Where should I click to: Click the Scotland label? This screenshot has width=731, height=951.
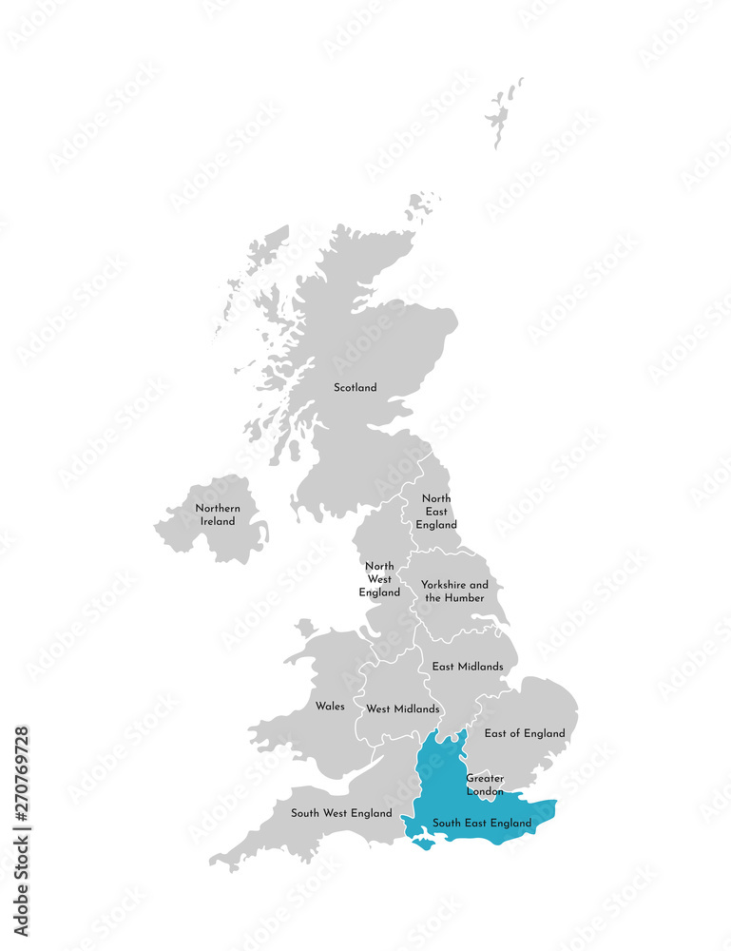click(355, 387)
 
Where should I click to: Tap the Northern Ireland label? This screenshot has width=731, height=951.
click(218, 514)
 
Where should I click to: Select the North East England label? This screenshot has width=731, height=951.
click(436, 512)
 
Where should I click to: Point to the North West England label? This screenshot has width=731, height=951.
click(379, 579)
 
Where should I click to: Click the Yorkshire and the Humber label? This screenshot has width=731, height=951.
click(454, 591)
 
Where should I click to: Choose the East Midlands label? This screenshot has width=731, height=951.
click(467, 667)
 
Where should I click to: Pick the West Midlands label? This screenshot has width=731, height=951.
click(403, 708)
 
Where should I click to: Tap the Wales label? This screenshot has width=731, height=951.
click(330, 707)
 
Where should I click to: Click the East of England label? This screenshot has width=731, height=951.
click(525, 733)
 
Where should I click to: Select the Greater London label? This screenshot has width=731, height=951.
click(485, 785)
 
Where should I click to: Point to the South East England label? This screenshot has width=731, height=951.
click(481, 823)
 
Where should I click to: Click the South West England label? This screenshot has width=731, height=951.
click(341, 813)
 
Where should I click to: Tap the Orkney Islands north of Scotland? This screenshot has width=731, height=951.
click(422, 205)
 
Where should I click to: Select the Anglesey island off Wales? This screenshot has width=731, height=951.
click(305, 628)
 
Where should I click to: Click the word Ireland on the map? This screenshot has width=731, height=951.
click(218, 521)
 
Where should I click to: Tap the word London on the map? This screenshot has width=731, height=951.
click(485, 791)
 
